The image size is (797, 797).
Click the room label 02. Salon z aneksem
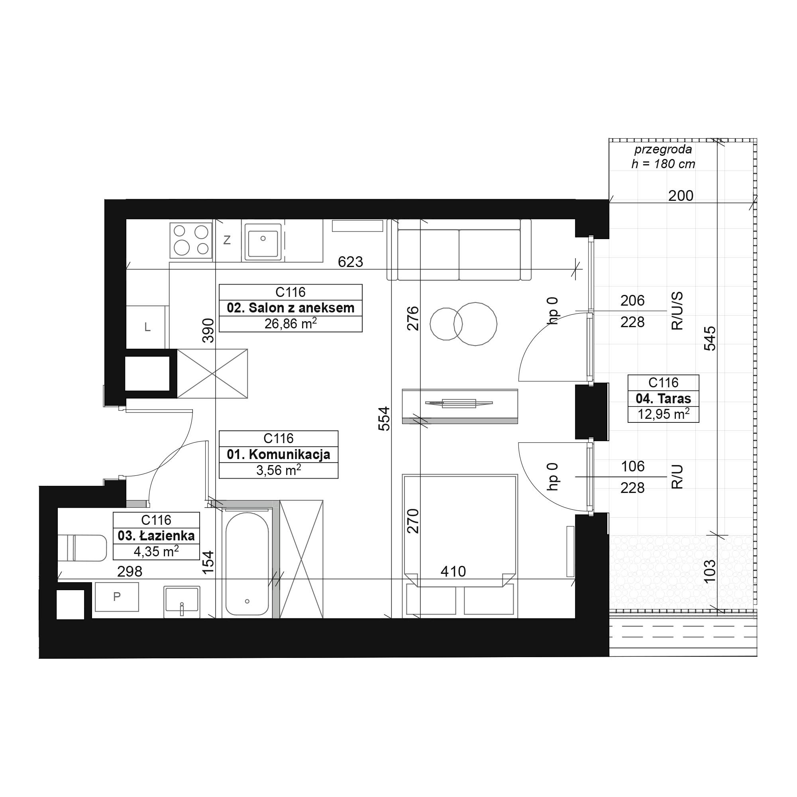(x=291, y=308)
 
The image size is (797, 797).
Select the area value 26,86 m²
(x=291, y=324)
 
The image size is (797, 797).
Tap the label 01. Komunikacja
(x=279, y=455)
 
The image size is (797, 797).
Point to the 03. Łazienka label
(x=156, y=536)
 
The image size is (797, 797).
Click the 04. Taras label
(x=664, y=398)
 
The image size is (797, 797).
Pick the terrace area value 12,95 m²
(x=664, y=414)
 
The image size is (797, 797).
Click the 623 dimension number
(x=350, y=262)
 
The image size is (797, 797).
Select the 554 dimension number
(x=384, y=419)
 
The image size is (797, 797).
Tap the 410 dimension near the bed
(x=453, y=571)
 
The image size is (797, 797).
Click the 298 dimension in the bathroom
(x=130, y=571)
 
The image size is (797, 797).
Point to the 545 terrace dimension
(x=710, y=338)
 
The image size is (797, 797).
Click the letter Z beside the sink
(x=227, y=239)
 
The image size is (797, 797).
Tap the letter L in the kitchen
(x=147, y=328)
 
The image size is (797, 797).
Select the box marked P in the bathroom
(x=117, y=597)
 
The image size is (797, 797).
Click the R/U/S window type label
(x=677, y=311)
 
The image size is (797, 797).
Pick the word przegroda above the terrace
(x=663, y=149)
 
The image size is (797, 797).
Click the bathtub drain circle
(x=247, y=601)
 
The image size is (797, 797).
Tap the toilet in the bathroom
(x=82, y=548)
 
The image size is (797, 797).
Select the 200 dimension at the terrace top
(x=681, y=196)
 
